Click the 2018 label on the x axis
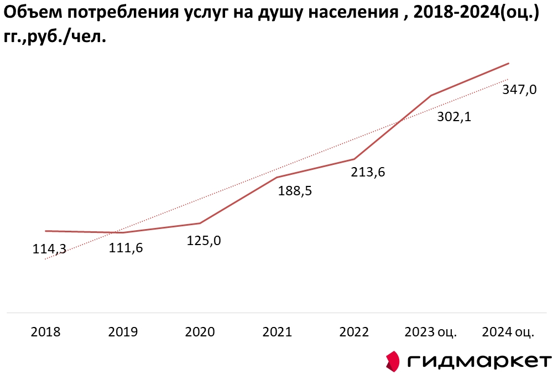click(46, 332)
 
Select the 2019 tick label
click(123, 332)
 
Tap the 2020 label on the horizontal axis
click(200, 332)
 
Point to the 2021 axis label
click(277, 332)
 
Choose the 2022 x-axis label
click(354, 332)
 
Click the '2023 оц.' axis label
click(431, 332)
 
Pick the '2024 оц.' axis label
click(508, 332)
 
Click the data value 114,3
click(49, 250)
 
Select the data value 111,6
click(126, 248)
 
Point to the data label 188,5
click(295, 191)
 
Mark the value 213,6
click(368, 172)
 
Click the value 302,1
click(453, 117)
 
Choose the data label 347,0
click(519, 90)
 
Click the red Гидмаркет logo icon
click(392, 361)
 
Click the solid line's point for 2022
click(354, 159)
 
